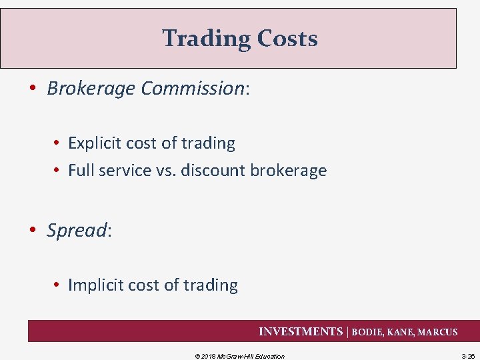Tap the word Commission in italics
pos(193,89)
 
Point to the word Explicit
pos(92,143)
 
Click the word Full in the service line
pos(81,171)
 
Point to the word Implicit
pos(93,285)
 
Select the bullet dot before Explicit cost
pos(58,144)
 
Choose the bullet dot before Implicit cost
pos(58,286)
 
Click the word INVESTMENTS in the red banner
pos(300,332)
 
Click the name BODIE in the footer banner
pos(369,332)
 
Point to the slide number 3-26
pos(468,356)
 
